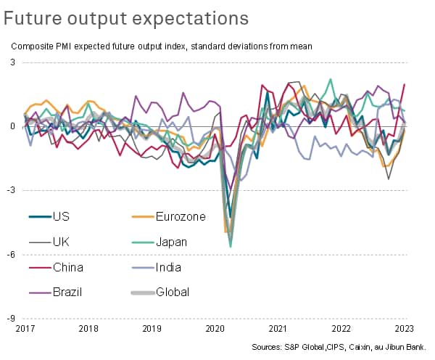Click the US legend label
pyautogui.click(x=62, y=216)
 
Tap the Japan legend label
pyautogui.click(x=173, y=242)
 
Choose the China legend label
pyautogui.click(x=67, y=267)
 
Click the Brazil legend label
pyautogui.click(x=67, y=292)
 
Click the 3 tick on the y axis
pyautogui.click(x=13, y=62)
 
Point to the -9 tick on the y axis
pyautogui.click(x=12, y=318)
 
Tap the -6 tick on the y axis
pyautogui.click(x=12, y=254)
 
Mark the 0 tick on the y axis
pyautogui.click(x=13, y=126)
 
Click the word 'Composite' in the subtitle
pyautogui.click(x=33, y=46)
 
